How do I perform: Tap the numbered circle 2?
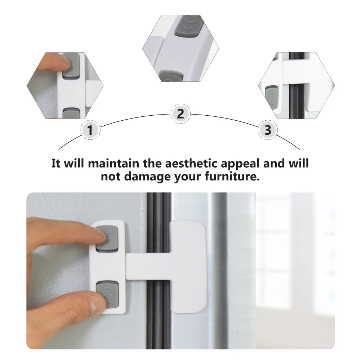(x=180, y=114)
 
